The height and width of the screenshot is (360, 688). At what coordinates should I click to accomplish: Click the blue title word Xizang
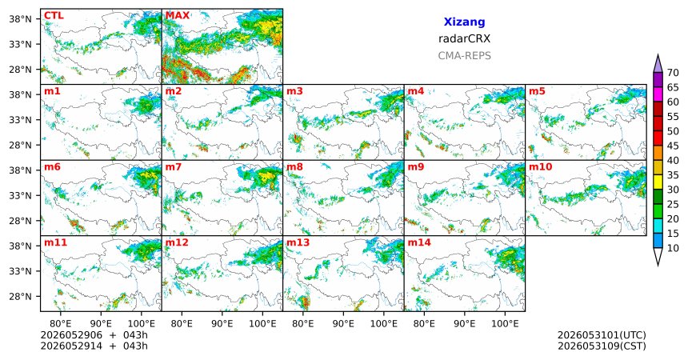click(x=464, y=22)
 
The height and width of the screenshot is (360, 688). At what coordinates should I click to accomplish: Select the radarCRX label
click(x=464, y=38)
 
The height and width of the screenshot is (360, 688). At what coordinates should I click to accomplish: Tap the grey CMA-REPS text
click(x=464, y=56)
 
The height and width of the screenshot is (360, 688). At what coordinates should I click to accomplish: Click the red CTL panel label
click(x=54, y=16)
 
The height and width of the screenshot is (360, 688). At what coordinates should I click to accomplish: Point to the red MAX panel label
click(x=178, y=16)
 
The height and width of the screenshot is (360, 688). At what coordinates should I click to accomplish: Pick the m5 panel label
click(x=537, y=91)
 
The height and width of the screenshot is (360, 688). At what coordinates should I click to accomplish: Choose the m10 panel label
click(x=540, y=167)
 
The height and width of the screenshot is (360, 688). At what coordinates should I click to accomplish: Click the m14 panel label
click(x=419, y=242)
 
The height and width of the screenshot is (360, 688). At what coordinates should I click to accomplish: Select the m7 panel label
click(x=174, y=167)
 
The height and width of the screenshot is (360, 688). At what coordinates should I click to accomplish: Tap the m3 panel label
click(x=295, y=91)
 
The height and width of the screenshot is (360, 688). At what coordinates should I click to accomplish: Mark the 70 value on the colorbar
click(x=673, y=73)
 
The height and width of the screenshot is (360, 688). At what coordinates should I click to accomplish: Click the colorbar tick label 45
click(x=673, y=146)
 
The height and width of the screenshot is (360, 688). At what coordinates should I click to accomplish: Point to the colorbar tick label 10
click(x=673, y=248)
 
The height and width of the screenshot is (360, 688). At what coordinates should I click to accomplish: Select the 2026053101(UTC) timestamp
click(x=602, y=335)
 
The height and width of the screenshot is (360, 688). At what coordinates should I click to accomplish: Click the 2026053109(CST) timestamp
click(x=602, y=346)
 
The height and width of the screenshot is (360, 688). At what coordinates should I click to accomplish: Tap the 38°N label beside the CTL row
click(x=20, y=19)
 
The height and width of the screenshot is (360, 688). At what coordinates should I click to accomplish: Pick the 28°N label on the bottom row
click(x=20, y=296)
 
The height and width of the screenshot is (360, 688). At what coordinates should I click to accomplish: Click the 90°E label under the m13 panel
click(x=343, y=324)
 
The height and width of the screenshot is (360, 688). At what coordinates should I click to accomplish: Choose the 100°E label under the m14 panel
click(x=505, y=324)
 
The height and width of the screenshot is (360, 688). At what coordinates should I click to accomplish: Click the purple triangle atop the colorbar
click(x=658, y=65)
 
